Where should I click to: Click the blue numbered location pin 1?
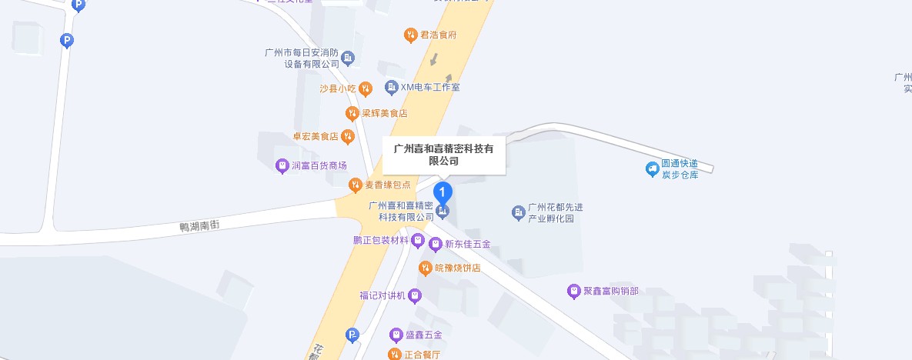click(x=443, y=192)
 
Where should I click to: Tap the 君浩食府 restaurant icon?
click(x=410, y=35)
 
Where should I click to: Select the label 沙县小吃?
click(x=338, y=88)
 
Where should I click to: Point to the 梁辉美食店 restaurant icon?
click(x=352, y=113)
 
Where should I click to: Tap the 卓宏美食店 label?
click(x=316, y=137)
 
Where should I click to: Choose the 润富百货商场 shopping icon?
click(x=282, y=165)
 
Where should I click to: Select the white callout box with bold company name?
click(x=443, y=155)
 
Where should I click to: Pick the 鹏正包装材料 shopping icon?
click(x=418, y=241)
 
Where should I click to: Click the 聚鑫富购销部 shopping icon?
click(x=573, y=291)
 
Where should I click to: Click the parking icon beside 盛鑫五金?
click(x=352, y=335)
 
